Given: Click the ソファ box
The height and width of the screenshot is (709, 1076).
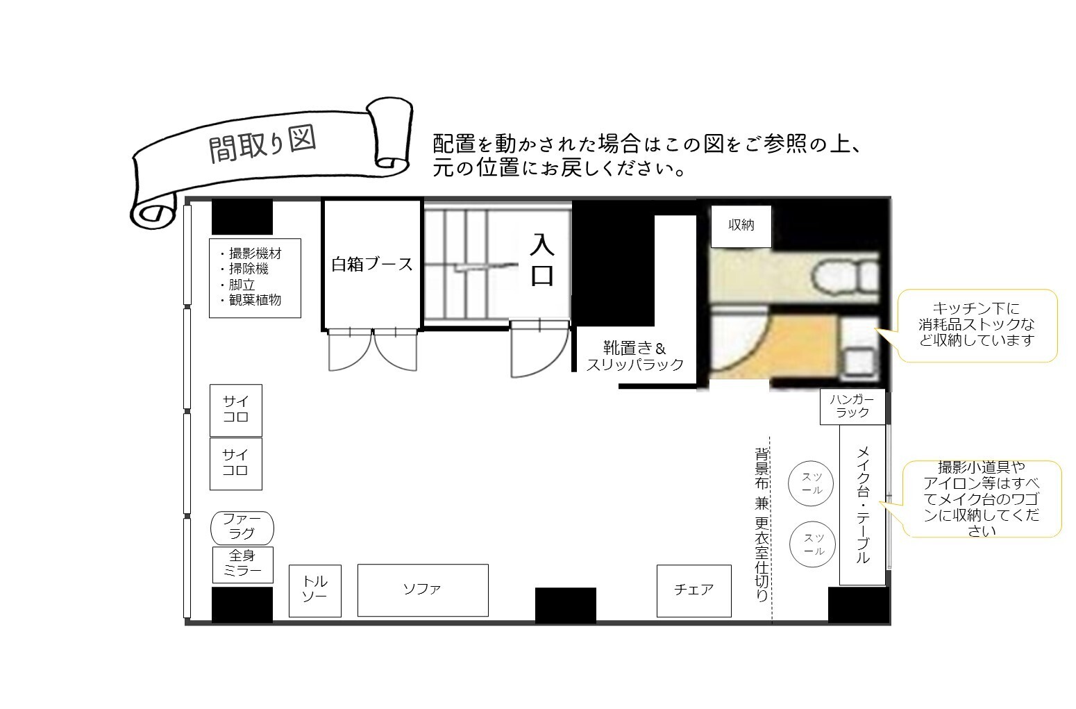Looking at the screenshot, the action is coord(423,590).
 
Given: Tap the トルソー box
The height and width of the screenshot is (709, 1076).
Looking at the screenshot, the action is coord(315,591).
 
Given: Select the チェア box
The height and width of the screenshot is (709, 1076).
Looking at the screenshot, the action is coord(694,591).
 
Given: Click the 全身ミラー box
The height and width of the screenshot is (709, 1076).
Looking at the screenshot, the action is coord(242,565).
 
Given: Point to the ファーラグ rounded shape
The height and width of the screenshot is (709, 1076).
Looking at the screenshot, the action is coord(242,528).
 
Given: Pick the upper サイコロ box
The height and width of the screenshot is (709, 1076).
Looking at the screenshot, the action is coord(236,410).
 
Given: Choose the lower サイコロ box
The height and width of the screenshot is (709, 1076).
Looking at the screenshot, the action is coord(236,464).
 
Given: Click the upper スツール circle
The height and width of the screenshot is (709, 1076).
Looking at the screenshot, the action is coord(810,484).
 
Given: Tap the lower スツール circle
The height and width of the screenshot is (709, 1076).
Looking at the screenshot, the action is coord(812,544).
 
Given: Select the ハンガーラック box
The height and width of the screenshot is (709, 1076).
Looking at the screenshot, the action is coord(852,407).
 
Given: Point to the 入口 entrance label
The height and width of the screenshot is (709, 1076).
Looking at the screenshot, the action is coord(542,260).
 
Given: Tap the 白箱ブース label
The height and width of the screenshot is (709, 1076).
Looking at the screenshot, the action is coord(372,264).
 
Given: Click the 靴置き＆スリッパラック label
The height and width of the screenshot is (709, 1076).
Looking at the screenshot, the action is coord(635,356).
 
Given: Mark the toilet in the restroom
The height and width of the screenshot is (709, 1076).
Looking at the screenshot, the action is coord(846,276).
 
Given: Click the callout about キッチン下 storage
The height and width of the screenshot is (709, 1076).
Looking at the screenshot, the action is coord(977,325).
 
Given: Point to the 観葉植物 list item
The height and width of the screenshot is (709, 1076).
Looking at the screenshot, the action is coord(251,300).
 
